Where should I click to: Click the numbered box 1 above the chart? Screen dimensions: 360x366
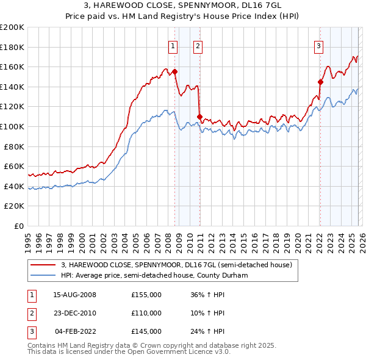pyautogui.click(x=173, y=45)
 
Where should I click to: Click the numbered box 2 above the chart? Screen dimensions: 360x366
pyautogui.click(x=199, y=45)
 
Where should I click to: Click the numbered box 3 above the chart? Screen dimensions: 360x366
pyautogui.click(x=319, y=45)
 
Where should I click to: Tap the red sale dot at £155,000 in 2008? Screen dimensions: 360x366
pyautogui.click(x=175, y=71)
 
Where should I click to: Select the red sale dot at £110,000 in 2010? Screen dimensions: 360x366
pyautogui.click(x=199, y=116)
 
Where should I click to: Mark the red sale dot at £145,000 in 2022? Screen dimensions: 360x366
pyautogui.click(x=320, y=81)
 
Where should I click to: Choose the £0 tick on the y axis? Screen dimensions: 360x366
pyautogui.click(x=18, y=226)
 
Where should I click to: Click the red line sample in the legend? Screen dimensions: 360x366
pyautogui.click(x=43, y=265)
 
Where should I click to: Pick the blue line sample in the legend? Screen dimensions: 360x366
pyautogui.click(x=43, y=275)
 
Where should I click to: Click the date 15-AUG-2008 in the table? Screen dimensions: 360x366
pyautogui.click(x=74, y=295)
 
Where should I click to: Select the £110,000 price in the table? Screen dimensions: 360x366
pyautogui.click(x=146, y=313)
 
